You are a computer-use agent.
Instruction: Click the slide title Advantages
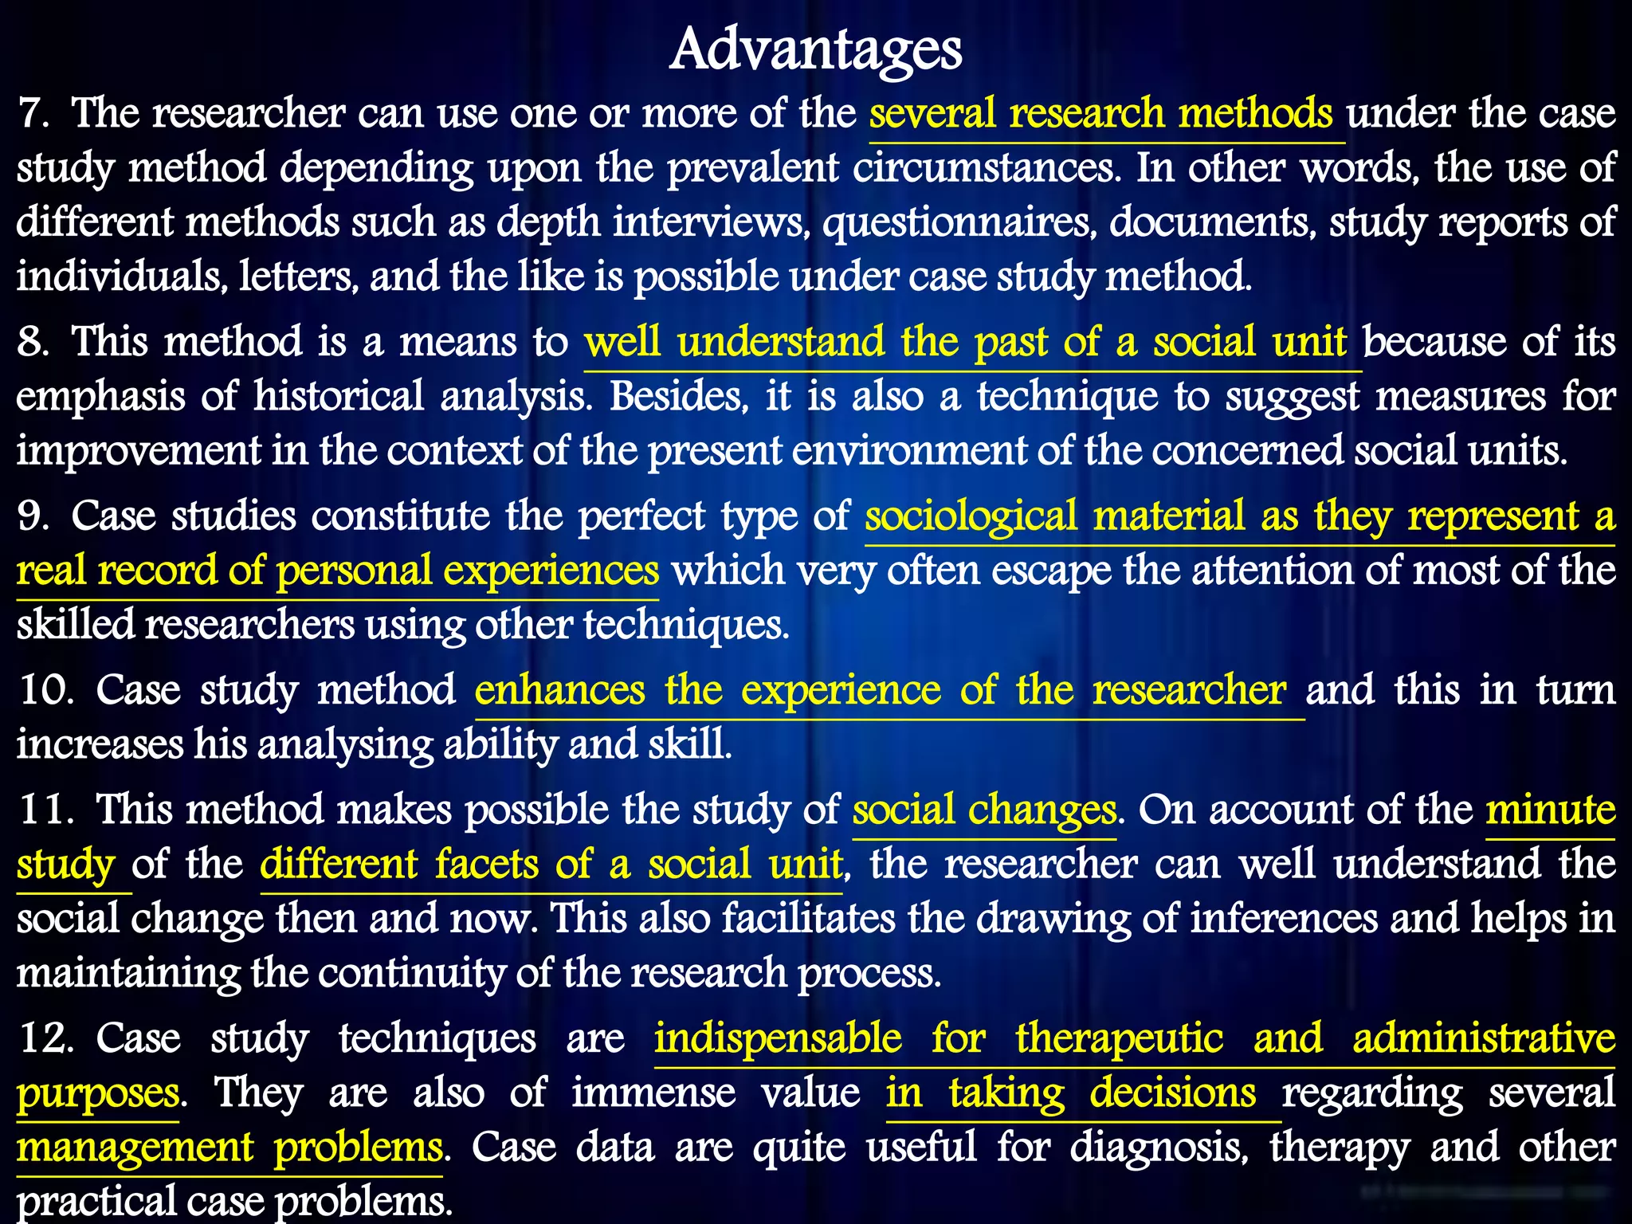click(x=815, y=49)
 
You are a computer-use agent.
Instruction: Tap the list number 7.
click(x=33, y=113)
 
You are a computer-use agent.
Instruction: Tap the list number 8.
click(x=33, y=342)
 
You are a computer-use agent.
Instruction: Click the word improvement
click(x=138, y=451)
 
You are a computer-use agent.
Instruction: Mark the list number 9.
click(x=33, y=516)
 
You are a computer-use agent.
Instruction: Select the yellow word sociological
click(x=971, y=516)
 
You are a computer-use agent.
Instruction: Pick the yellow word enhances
click(x=559, y=690)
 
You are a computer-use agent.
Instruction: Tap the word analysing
click(x=343, y=744)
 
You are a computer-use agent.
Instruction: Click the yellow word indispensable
click(x=778, y=1038)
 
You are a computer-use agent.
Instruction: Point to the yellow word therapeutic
click(x=1119, y=1038)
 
